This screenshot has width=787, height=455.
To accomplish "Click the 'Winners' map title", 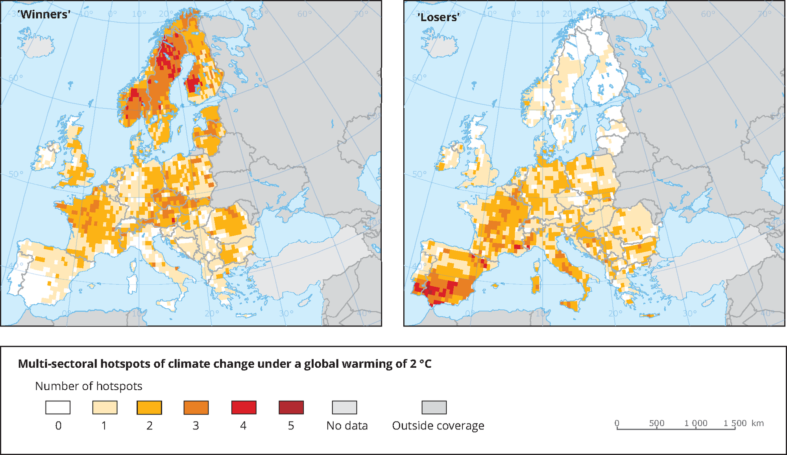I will tap(44, 15).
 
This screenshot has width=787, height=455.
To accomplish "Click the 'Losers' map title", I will tap(438, 17).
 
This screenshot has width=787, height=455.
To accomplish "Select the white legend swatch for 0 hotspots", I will tap(58, 407).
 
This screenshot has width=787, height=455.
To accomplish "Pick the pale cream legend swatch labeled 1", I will tap(105, 407).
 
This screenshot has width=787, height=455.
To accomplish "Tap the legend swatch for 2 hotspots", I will tap(149, 407).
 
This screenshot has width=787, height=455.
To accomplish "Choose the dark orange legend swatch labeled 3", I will tap(196, 407).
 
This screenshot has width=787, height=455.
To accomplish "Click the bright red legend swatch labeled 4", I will tap(244, 407).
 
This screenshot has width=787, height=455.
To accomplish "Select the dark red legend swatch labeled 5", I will tap(291, 407).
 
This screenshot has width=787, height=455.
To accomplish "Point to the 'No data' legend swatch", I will tap(344, 407).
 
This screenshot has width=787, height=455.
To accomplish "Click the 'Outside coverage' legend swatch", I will tap(434, 407).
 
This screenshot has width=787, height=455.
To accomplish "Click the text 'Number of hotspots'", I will tap(89, 386).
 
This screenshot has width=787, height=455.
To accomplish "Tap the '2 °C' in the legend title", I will tap(420, 364).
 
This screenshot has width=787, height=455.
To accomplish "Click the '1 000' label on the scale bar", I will tap(696, 423).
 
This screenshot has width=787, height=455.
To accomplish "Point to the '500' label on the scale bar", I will tap(656, 423).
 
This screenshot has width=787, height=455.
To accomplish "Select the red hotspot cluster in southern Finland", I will tap(193, 85).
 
